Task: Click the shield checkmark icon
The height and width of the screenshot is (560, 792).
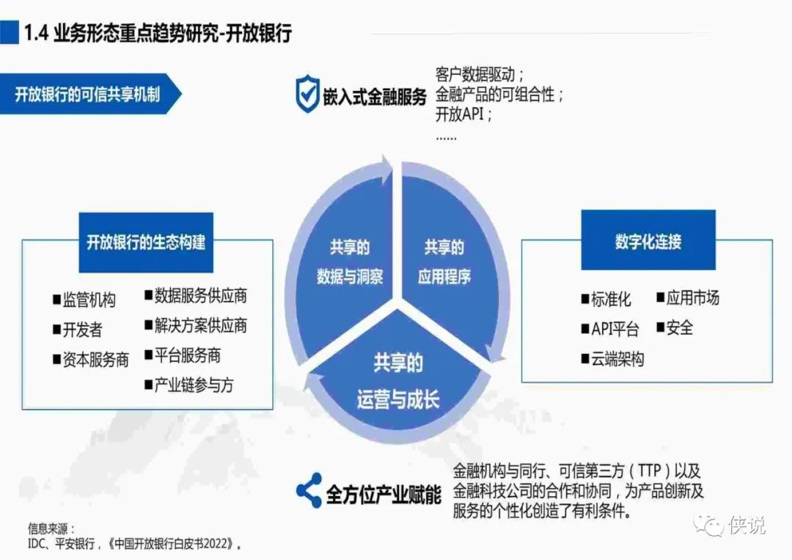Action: (307, 95)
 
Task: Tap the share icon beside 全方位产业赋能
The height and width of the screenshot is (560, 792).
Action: (309, 490)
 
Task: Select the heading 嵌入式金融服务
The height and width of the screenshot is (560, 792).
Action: (374, 96)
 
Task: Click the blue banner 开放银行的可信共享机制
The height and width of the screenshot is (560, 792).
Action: (88, 95)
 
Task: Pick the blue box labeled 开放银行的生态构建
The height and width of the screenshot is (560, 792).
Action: (146, 242)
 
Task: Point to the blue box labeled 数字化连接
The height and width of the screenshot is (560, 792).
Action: (648, 241)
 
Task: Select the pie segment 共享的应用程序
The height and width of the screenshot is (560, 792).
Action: (444, 262)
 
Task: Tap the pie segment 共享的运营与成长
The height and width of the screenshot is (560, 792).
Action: (397, 382)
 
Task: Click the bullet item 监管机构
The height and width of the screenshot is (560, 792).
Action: (84, 300)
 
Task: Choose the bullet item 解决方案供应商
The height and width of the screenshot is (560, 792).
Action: (196, 325)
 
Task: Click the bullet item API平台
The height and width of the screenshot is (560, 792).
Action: (610, 329)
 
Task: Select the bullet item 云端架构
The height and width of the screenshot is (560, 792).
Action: (612, 359)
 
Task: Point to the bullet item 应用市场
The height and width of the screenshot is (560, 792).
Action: (688, 298)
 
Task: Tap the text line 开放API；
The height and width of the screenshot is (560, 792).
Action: (463, 114)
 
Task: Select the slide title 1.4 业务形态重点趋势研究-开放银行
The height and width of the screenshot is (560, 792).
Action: (158, 33)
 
